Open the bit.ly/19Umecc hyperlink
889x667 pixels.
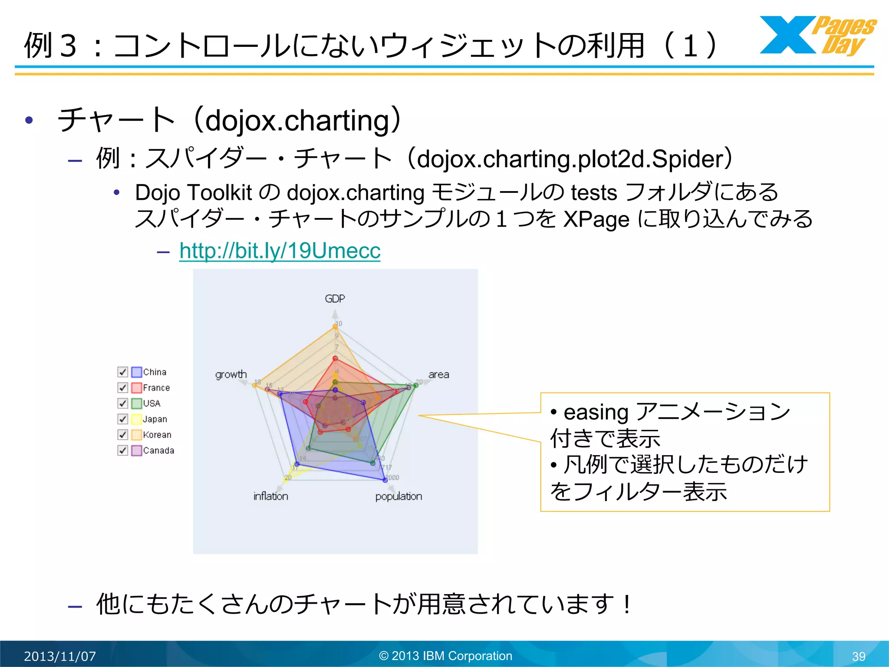(280, 251)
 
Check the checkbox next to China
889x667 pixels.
(123, 372)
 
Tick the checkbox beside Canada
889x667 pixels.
(123, 450)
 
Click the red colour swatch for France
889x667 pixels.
(137, 388)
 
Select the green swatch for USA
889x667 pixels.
(137, 403)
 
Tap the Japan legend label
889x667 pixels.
(155, 419)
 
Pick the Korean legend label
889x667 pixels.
(157, 435)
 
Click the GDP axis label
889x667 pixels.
(335, 299)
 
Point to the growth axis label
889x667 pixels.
(231, 374)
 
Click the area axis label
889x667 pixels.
(438, 374)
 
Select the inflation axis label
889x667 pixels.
(270, 496)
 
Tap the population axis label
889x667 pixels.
(398, 496)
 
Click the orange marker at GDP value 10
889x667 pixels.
(335, 327)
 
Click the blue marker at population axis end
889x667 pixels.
(385, 480)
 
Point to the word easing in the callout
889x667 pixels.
(596, 412)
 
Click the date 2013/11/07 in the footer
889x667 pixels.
(60, 656)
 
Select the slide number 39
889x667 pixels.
(858, 656)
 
